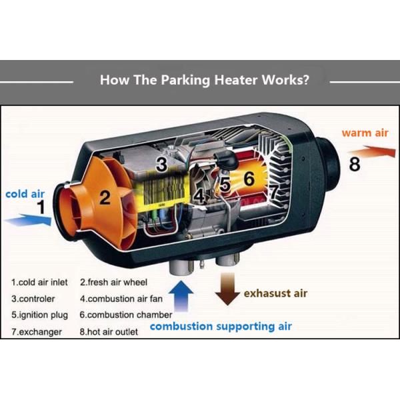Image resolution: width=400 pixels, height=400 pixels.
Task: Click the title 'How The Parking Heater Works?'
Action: point(204,81)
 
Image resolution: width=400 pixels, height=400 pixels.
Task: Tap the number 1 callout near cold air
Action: point(41,207)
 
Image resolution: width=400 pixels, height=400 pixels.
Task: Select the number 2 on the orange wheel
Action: point(105,197)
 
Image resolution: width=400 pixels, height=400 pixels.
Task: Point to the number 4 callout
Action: point(199,197)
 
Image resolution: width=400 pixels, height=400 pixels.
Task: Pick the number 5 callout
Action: point(225,185)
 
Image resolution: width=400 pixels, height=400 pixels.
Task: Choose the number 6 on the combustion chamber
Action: point(249,178)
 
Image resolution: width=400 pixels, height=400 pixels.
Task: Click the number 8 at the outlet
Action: point(355,163)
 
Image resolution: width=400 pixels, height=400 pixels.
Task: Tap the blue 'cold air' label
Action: point(25,194)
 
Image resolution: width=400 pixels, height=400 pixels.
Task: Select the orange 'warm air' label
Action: point(365,133)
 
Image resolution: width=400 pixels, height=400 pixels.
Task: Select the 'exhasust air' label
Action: point(275,293)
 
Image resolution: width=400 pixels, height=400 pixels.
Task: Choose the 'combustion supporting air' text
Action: point(221,327)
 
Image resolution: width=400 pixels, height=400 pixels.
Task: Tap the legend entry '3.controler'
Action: point(33,299)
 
